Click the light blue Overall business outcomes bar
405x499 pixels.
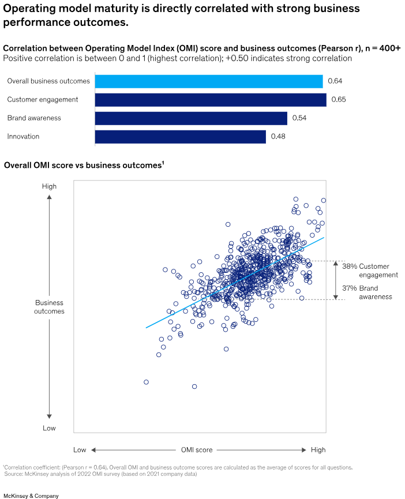coord(208,81)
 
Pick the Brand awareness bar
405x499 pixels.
coord(190,118)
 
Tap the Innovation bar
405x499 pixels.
coord(180,137)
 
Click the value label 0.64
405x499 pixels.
coord(335,81)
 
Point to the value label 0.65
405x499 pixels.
coord(339,100)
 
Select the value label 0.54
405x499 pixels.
coord(299,118)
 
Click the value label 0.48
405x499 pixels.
coord(278,137)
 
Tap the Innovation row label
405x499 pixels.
coord(23,137)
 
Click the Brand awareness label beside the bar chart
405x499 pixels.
coord(33,118)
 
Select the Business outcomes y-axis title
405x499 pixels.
coord(49,306)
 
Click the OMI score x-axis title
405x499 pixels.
coord(197,449)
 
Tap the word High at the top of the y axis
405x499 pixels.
coord(49,186)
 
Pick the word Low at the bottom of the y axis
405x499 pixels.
coord(49,428)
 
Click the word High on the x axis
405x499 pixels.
coord(318,449)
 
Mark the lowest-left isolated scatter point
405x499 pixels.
coord(146,382)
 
